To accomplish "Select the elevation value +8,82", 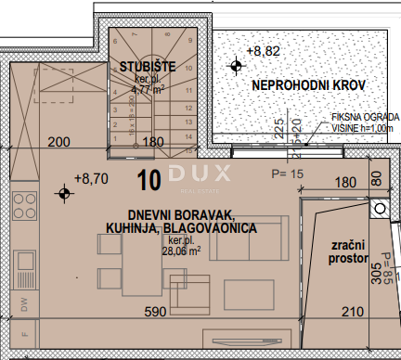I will pyautogui.click(x=264, y=53).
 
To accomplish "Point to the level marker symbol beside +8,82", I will pyautogui.click(x=237, y=64).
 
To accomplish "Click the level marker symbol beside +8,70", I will pyautogui.click(x=63, y=193).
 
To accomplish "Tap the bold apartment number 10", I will pyautogui.click(x=149, y=174).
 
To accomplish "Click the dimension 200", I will pyautogui.click(x=58, y=142).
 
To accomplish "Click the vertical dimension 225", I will pyautogui.click(x=278, y=127).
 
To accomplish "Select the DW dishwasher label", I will pyautogui.click(x=24, y=302).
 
